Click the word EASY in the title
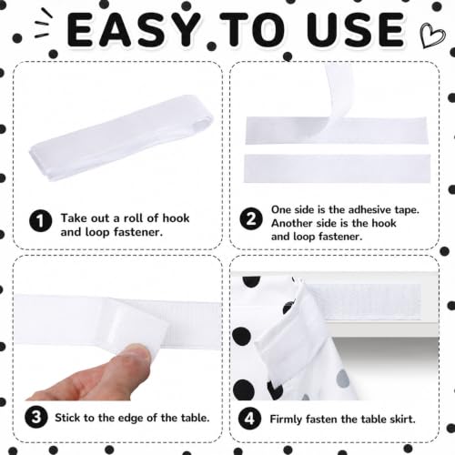point(133,29)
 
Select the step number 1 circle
point(41,221)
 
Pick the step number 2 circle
point(251,219)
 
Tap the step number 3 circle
point(36,417)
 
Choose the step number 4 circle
point(249,419)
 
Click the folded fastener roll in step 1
point(121,138)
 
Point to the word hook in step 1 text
point(176,218)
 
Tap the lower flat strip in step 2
point(337,168)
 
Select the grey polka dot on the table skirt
point(343,379)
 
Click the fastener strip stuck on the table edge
point(364,302)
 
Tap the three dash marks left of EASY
point(43,24)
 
